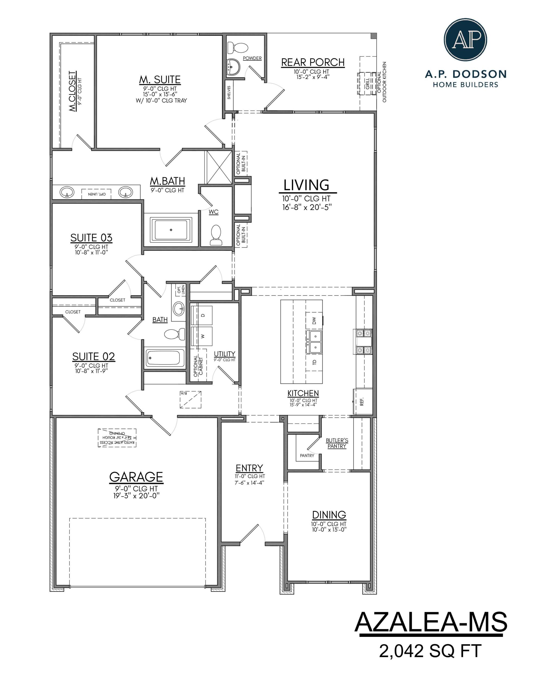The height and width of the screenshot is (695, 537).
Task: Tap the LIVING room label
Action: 306,185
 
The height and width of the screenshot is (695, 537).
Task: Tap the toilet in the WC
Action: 216,235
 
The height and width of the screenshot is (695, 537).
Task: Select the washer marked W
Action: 201,336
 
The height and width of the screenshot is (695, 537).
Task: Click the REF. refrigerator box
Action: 362,402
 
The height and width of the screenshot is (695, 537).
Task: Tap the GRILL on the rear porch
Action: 367,84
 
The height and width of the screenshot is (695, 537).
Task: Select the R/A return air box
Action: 190,399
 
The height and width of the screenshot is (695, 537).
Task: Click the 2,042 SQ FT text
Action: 430,650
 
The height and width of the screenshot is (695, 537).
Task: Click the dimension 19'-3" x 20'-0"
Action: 136,496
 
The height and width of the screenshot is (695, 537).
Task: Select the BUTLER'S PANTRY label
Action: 337,443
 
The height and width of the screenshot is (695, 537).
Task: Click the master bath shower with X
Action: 219,168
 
